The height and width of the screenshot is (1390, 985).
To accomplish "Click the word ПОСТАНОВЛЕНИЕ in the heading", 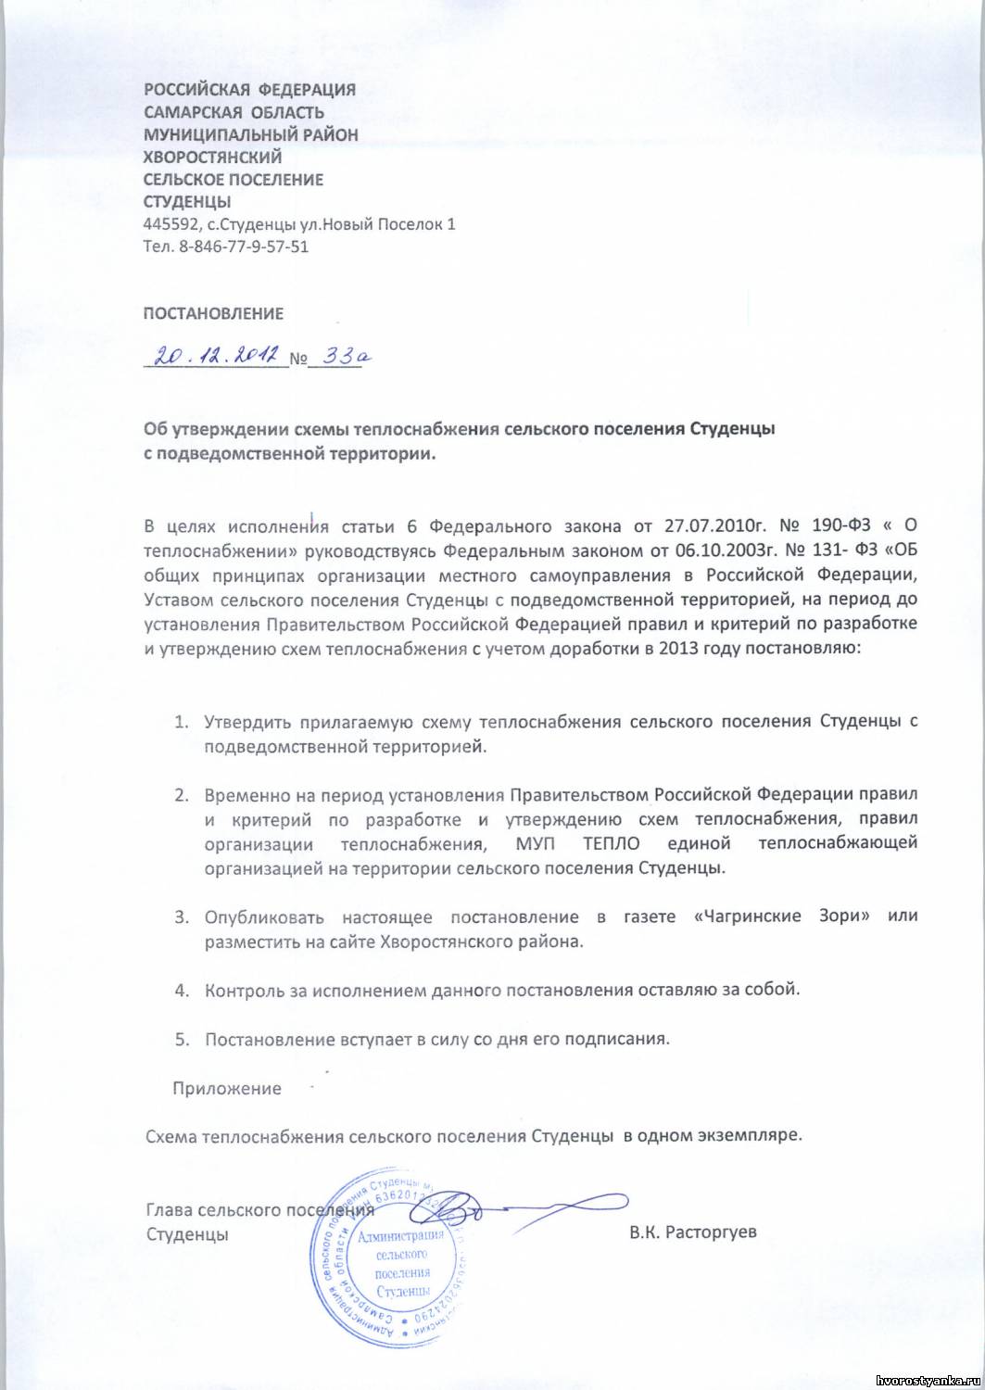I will (213, 314).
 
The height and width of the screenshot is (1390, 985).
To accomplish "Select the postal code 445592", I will (167, 225).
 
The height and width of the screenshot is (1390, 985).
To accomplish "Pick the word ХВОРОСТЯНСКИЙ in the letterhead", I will (212, 158).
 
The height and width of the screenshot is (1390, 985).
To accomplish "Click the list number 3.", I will (182, 917).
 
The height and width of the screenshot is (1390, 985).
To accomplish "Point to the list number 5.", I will (182, 1039).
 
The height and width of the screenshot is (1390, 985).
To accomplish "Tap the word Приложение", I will (227, 1089).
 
